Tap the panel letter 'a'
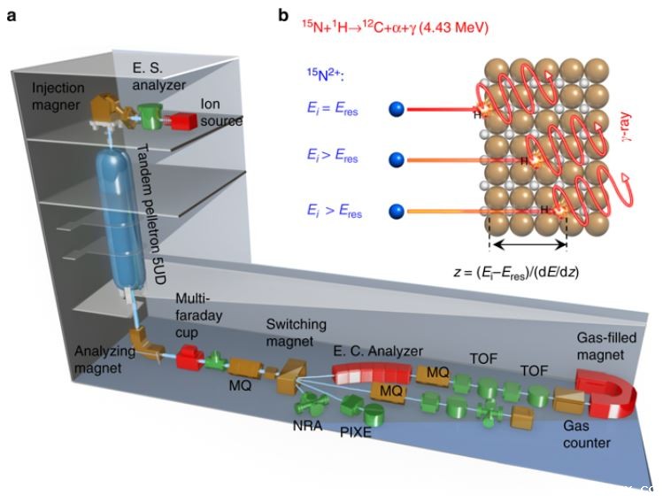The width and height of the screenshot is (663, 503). click(x=11, y=15)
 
